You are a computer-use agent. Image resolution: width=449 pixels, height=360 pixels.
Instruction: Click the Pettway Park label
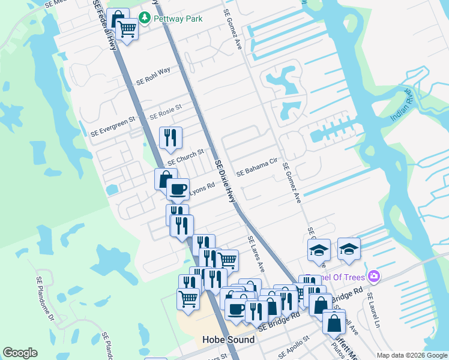[178, 19]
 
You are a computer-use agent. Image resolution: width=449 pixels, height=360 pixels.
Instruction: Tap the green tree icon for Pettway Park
[145, 19]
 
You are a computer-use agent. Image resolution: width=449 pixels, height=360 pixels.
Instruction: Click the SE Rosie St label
[165, 112]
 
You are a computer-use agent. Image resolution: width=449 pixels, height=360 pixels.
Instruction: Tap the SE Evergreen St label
[113, 128]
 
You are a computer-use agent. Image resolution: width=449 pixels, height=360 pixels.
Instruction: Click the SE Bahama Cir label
[256, 167]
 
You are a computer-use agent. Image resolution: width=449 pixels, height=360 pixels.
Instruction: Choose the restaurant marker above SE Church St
[170, 138]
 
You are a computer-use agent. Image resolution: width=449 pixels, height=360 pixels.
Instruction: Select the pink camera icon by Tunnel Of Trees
[375, 275]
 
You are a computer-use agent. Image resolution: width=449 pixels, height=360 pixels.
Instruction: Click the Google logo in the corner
[20, 353]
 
